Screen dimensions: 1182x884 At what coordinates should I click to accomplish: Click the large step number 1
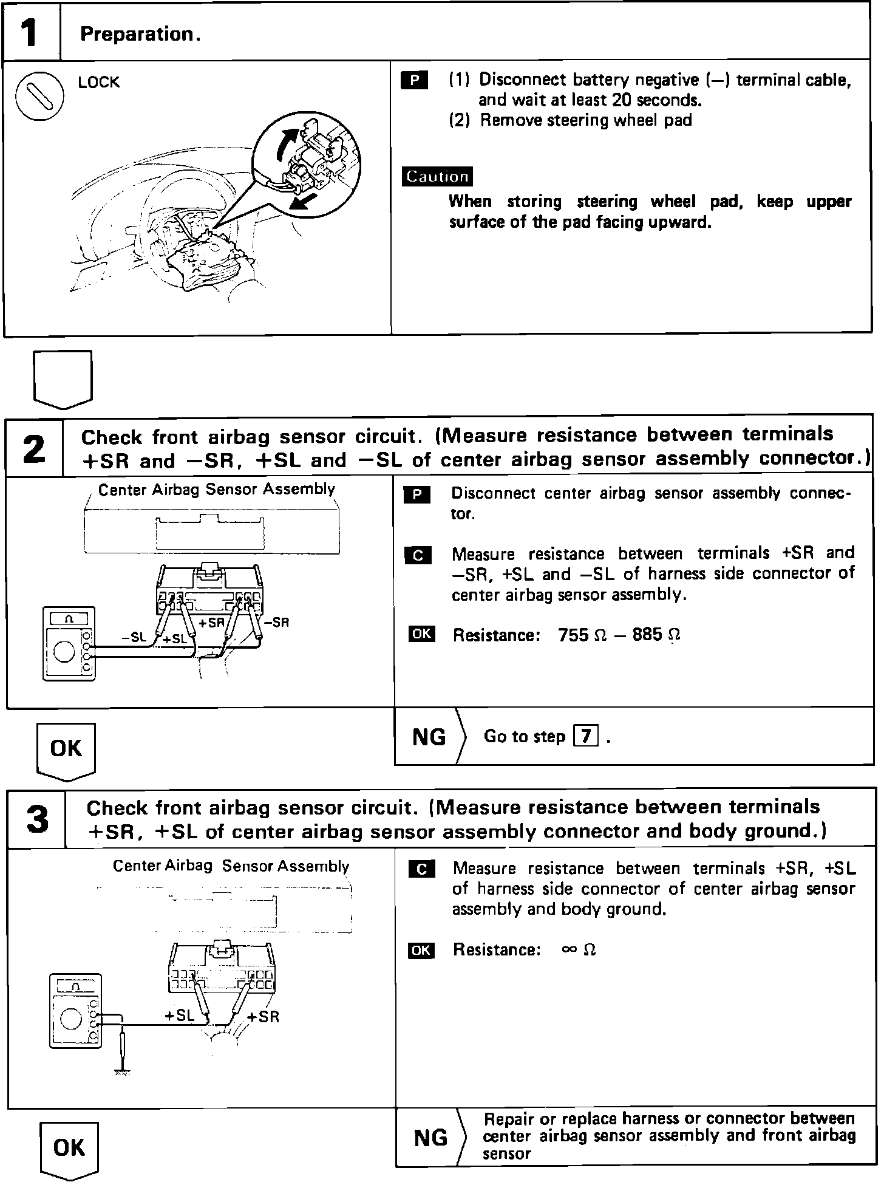[x=30, y=33]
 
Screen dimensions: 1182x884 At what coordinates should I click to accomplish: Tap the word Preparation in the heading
[x=137, y=34]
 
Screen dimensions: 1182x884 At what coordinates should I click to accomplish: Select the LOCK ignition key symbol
[x=39, y=98]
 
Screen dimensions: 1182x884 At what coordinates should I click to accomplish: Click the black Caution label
[x=437, y=177]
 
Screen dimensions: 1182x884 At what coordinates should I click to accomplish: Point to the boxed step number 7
[x=585, y=736]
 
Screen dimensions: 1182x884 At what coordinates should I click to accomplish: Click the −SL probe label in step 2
[x=134, y=637]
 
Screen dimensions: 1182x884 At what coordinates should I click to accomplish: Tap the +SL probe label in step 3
[x=179, y=1015]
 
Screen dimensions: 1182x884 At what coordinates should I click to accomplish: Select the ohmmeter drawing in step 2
[x=69, y=643]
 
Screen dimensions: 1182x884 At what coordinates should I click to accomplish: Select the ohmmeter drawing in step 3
[x=75, y=1011]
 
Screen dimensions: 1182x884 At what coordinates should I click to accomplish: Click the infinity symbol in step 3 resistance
[x=569, y=949]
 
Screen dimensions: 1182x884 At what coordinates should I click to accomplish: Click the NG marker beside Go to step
[x=429, y=737]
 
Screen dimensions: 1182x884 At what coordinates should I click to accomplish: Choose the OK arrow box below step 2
[x=66, y=750]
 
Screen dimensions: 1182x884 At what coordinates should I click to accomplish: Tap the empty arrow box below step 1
[x=63, y=377]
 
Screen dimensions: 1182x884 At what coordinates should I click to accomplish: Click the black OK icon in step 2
[x=422, y=635]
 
